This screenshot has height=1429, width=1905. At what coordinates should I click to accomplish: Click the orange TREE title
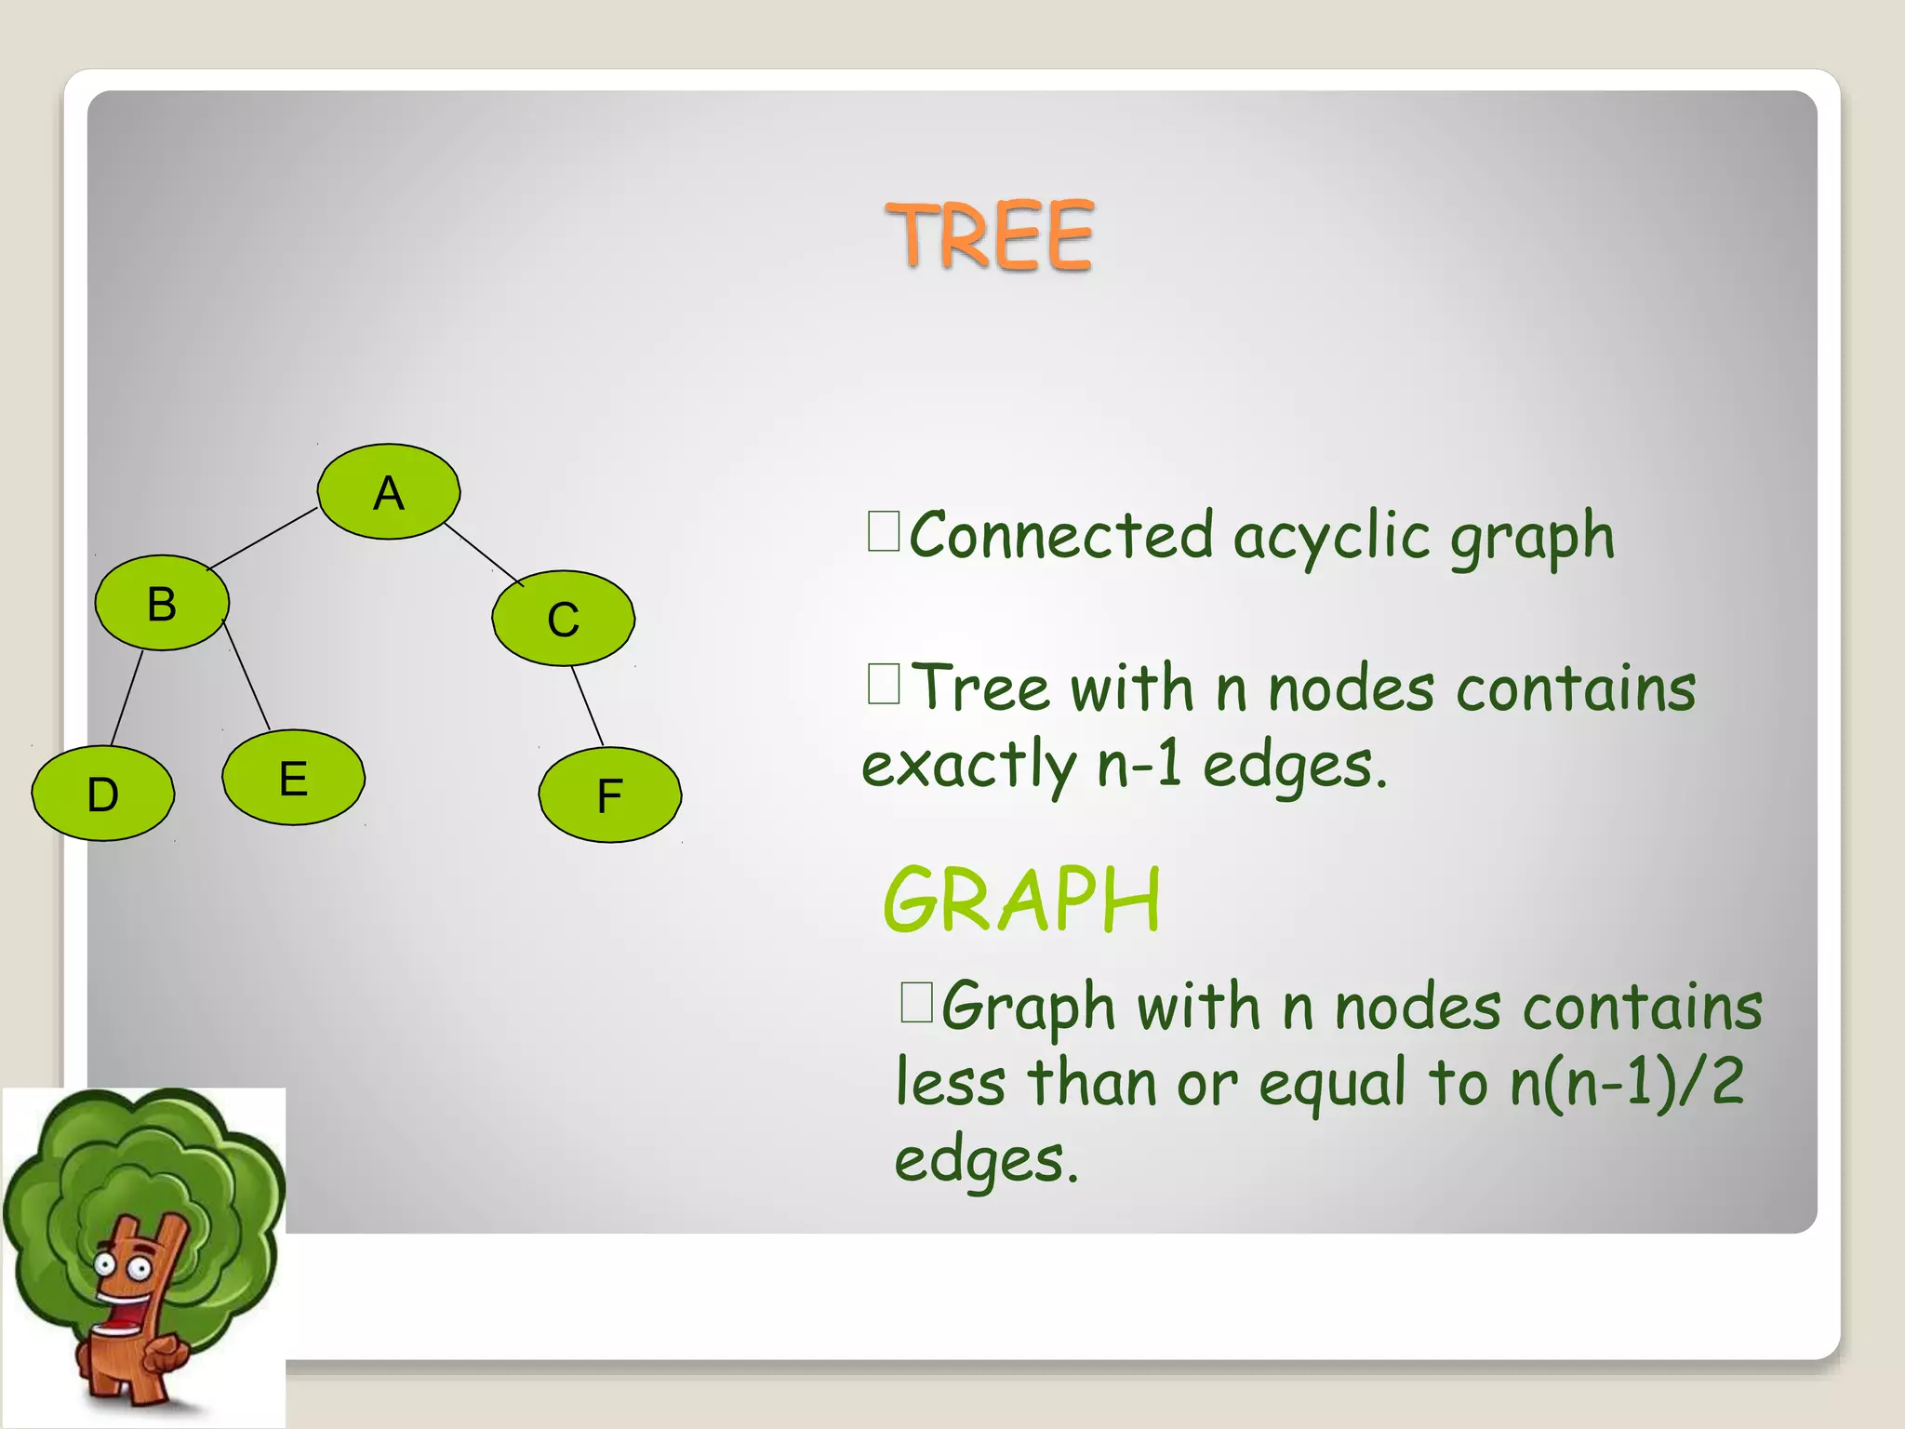coord(990,236)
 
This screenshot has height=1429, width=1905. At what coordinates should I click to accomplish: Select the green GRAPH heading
coord(1021,900)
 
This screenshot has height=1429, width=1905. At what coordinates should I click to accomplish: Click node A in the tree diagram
coord(389,492)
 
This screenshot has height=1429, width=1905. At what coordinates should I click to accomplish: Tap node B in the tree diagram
coord(162,604)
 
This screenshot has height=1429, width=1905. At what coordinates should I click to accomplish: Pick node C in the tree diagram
coord(564,619)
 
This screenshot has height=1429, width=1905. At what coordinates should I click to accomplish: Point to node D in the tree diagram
coord(102,795)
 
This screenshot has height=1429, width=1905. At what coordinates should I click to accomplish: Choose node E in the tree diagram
coord(294,778)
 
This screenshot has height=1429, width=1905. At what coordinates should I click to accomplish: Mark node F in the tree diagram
coord(610,795)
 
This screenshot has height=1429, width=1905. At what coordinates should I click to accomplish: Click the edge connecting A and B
coord(262,539)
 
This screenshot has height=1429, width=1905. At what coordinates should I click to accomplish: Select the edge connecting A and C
coord(482,554)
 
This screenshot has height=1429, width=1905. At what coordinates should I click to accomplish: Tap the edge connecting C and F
coord(588,706)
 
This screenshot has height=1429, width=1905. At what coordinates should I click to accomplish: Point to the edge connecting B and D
coord(127,698)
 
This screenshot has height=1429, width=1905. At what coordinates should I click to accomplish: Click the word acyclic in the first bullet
coord(1331,538)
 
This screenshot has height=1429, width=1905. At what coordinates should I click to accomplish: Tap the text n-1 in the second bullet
coord(1139,765)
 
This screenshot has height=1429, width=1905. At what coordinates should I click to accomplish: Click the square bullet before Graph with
coord(916,1003)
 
